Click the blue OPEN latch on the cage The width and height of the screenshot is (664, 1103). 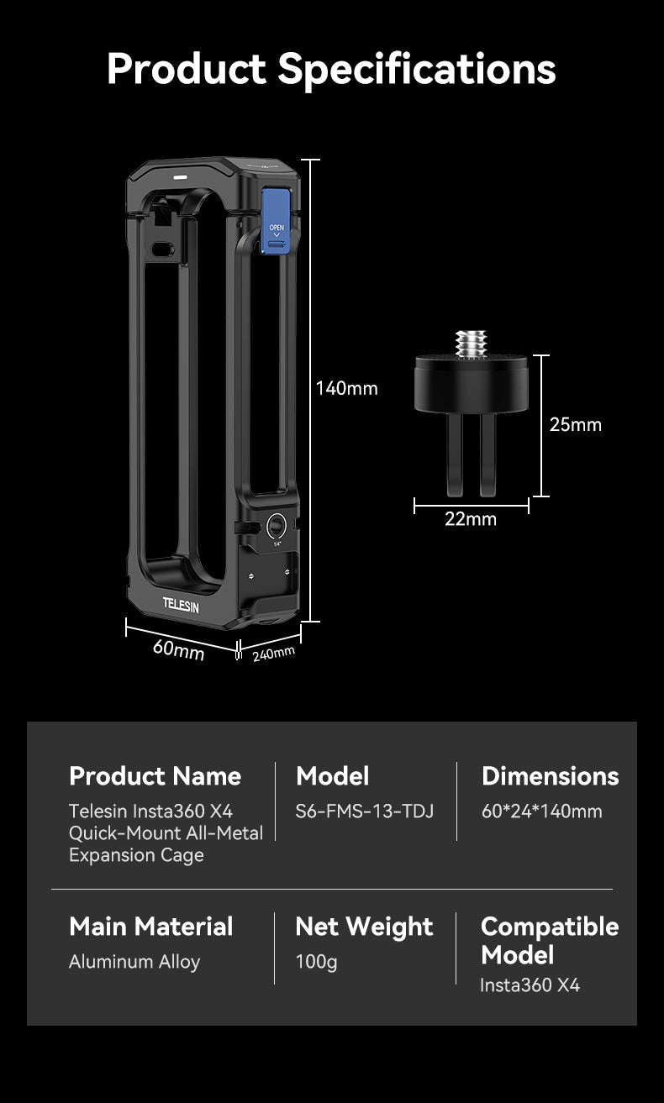click(276, 221)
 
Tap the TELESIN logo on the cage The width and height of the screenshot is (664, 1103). click(181, 605)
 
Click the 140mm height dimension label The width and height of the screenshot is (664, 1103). click(347, 388)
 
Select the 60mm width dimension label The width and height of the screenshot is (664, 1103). click(178, 649)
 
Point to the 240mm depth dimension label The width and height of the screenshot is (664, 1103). click(273, 654)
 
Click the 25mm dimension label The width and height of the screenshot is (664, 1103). click(576, 424)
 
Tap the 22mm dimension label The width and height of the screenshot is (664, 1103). click(471, 519)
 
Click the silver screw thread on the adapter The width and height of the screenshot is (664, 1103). click(471, 344)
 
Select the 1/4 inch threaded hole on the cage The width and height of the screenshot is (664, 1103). click(277, 527)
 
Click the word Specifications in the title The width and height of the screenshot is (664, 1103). click(417, 69)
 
